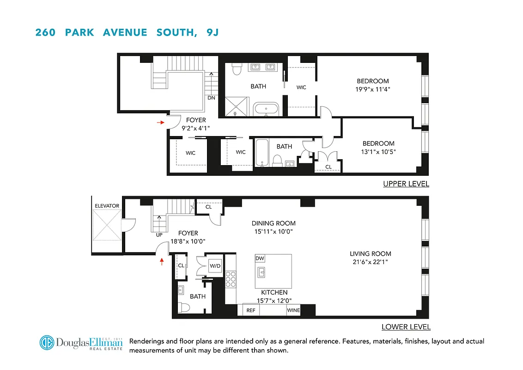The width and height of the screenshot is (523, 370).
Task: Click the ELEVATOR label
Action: (x=107, y=206)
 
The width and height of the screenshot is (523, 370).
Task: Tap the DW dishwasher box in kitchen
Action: (x=260, y=258)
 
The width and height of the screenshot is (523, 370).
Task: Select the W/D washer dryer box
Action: (x=215, y=266)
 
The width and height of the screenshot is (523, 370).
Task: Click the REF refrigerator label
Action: (x=251, y=310)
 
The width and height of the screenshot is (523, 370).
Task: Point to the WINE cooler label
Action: (x=293, y=310)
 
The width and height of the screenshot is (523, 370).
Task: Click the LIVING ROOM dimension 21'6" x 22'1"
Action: (x=370, y=262)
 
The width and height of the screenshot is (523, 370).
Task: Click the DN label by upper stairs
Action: (x=211, y=98)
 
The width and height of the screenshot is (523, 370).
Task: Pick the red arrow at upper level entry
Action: (x=160, y=123)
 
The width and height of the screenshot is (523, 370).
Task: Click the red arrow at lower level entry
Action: (x=162, y=262)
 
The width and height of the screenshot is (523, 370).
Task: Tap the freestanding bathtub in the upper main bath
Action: (x=266, y=110)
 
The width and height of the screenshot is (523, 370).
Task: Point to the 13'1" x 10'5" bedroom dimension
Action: (x=378, y=151)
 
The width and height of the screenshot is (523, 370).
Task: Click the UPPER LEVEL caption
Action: (x=406, y=184)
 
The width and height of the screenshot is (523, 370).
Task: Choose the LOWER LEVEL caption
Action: (x=406, y=327)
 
